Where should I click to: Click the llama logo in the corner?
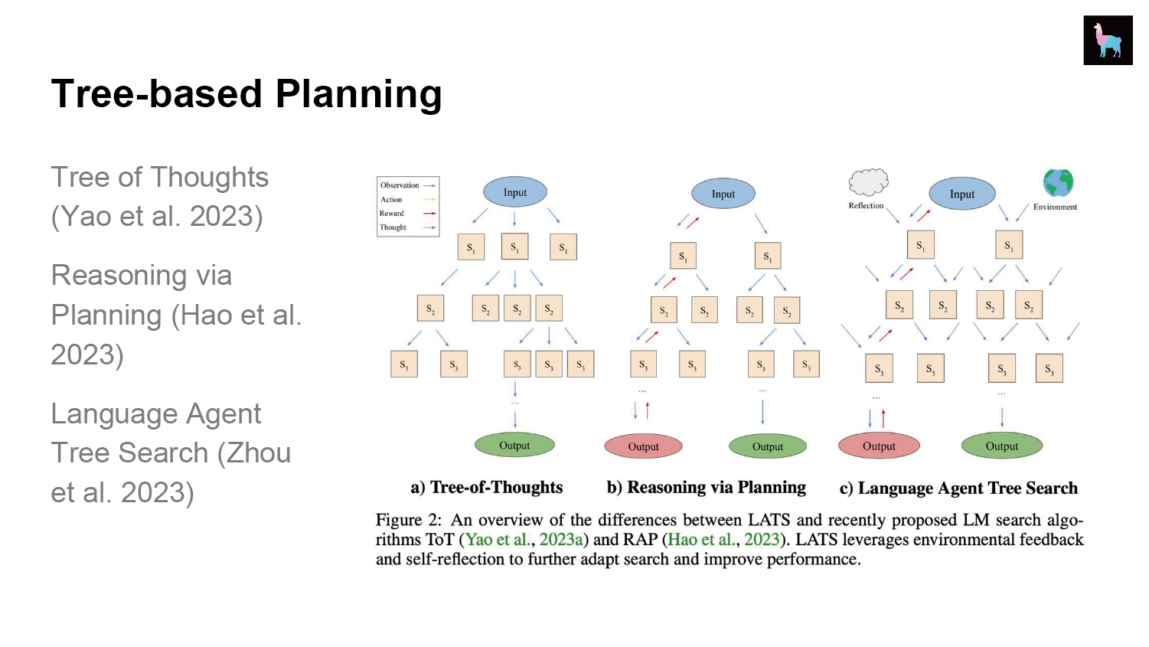tap(1108, 40)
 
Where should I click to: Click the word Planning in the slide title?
tap(358, 94)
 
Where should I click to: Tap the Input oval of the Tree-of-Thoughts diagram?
tap(514, 192)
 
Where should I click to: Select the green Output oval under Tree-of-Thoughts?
tap(514, 446)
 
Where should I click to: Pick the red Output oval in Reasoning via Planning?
tap(643, 446)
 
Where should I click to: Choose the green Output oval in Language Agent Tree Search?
tap(1002, 446)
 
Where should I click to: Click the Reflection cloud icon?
tap(868, 182)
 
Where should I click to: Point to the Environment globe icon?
tap(1058, 183)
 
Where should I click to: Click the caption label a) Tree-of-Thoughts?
tap(486, 488)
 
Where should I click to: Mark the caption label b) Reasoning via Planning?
tap(706, 488)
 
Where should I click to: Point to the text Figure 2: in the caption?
tap(408, 520)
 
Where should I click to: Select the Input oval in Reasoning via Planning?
tap(723, 194)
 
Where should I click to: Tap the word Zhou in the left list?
tap(253, 453)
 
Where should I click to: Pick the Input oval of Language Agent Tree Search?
tap(961, 194)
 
